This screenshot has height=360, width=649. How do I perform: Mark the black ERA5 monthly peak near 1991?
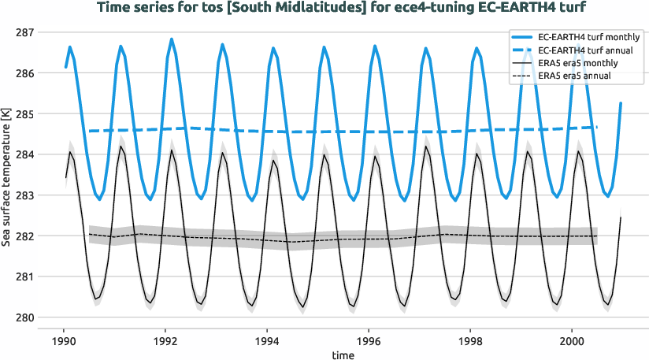(121, 147)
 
